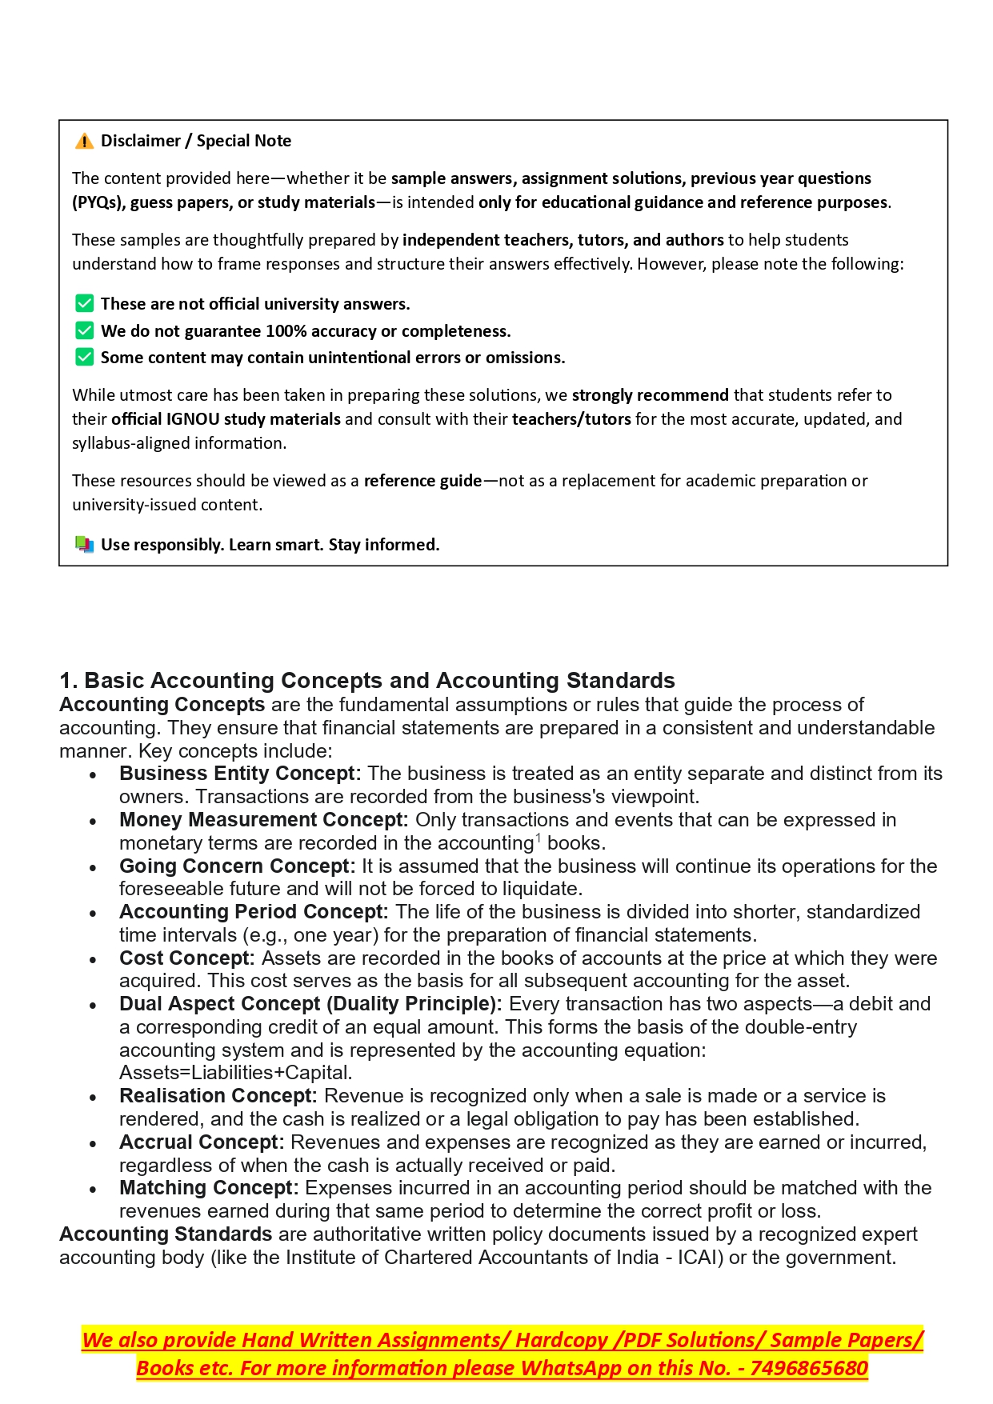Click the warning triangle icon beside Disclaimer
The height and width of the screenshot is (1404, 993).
(x=84, y=142)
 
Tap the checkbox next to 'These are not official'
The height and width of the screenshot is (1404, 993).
(x=84, y=304)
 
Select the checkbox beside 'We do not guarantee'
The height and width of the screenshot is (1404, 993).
(x=84, y=331)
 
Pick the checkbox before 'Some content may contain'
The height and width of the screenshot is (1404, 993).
(x=84, y=358)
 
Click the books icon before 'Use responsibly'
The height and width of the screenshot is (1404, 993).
(x=84, y=545)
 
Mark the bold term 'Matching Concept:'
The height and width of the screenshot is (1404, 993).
(x=209, y=1188)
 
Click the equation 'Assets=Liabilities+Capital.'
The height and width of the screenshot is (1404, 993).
(x=236, y=1073)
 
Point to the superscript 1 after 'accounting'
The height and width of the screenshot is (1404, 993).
(x=538, y=838)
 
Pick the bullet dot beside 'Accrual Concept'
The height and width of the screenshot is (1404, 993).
(x=94, y=1144)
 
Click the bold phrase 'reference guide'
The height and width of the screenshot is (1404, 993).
(x=422, y=481)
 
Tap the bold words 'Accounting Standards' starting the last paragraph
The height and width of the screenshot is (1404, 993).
(x=166, y=1234)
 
